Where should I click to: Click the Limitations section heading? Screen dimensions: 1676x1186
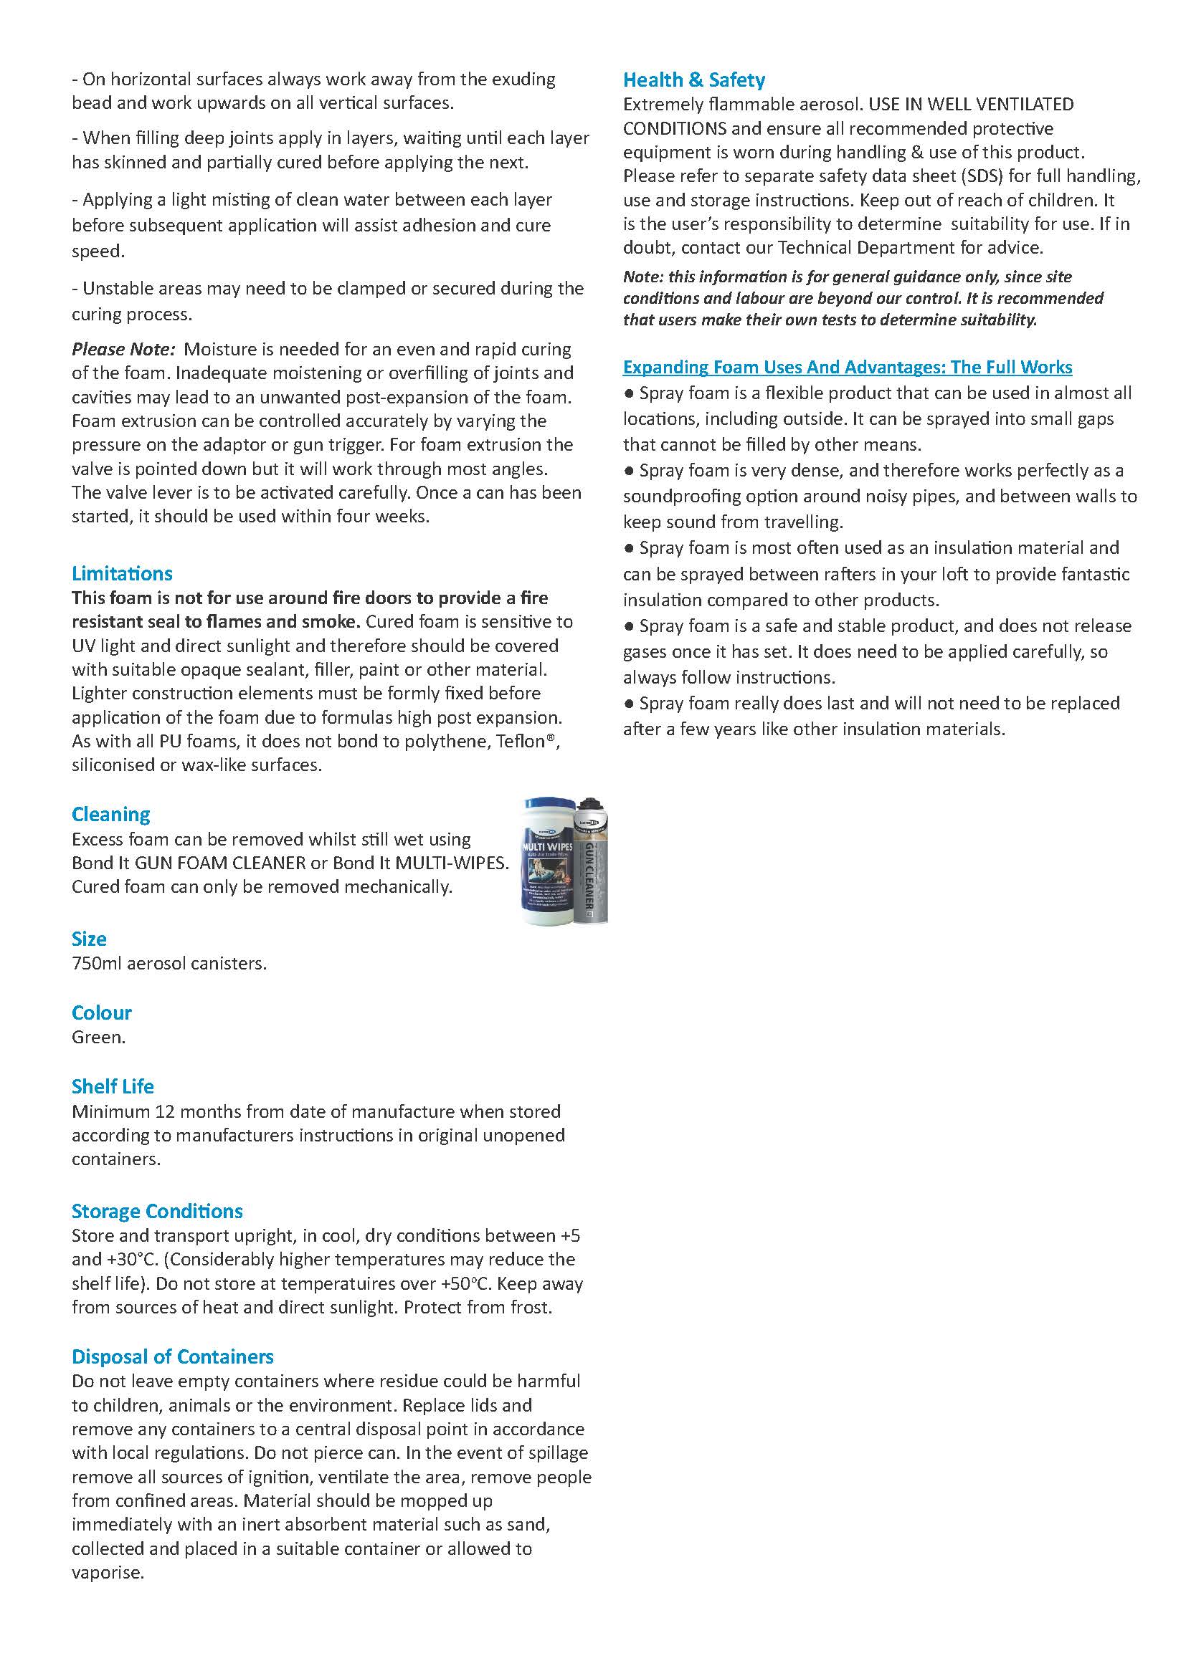(x=122, y=573)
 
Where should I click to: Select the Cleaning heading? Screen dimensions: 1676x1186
(x=111, y=814)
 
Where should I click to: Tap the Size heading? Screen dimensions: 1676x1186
(x=89, y=939)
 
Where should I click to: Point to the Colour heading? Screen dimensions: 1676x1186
(x=102, y=1012)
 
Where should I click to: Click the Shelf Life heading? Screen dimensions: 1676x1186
(x=113, y=1086)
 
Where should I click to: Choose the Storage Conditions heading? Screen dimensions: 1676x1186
(x=157, y=1211)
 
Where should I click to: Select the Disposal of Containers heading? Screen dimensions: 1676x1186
(x=172, y=1356)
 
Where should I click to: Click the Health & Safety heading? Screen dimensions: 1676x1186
(x=694, y=80)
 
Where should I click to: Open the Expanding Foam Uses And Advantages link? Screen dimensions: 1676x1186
(x=847, y=367)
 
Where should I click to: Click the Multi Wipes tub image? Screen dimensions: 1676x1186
(x=546, y=861)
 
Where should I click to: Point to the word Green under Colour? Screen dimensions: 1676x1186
(x=98, y=1038)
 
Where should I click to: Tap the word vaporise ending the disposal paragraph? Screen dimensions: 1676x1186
(x=107, y=1572)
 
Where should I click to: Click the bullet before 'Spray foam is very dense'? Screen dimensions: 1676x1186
(x=629, y=471)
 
